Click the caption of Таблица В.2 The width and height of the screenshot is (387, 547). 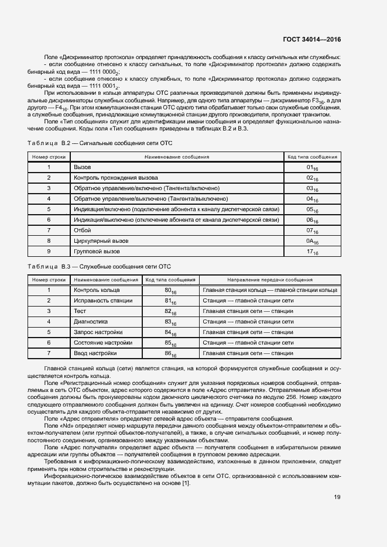pos(100,143)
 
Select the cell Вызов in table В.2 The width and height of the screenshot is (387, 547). pos(82,167)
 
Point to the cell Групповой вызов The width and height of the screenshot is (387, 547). pos(97,252)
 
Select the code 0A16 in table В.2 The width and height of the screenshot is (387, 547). pos(311,241)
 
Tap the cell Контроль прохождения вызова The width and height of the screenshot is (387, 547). pos(115,178)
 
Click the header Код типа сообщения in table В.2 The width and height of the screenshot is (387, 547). pos(311,157)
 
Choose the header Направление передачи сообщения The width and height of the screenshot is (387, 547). pos(269,280)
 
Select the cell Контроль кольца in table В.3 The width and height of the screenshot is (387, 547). pos(97,290)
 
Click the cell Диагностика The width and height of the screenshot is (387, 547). pos(90,322)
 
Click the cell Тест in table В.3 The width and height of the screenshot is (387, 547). pos(80,311)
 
